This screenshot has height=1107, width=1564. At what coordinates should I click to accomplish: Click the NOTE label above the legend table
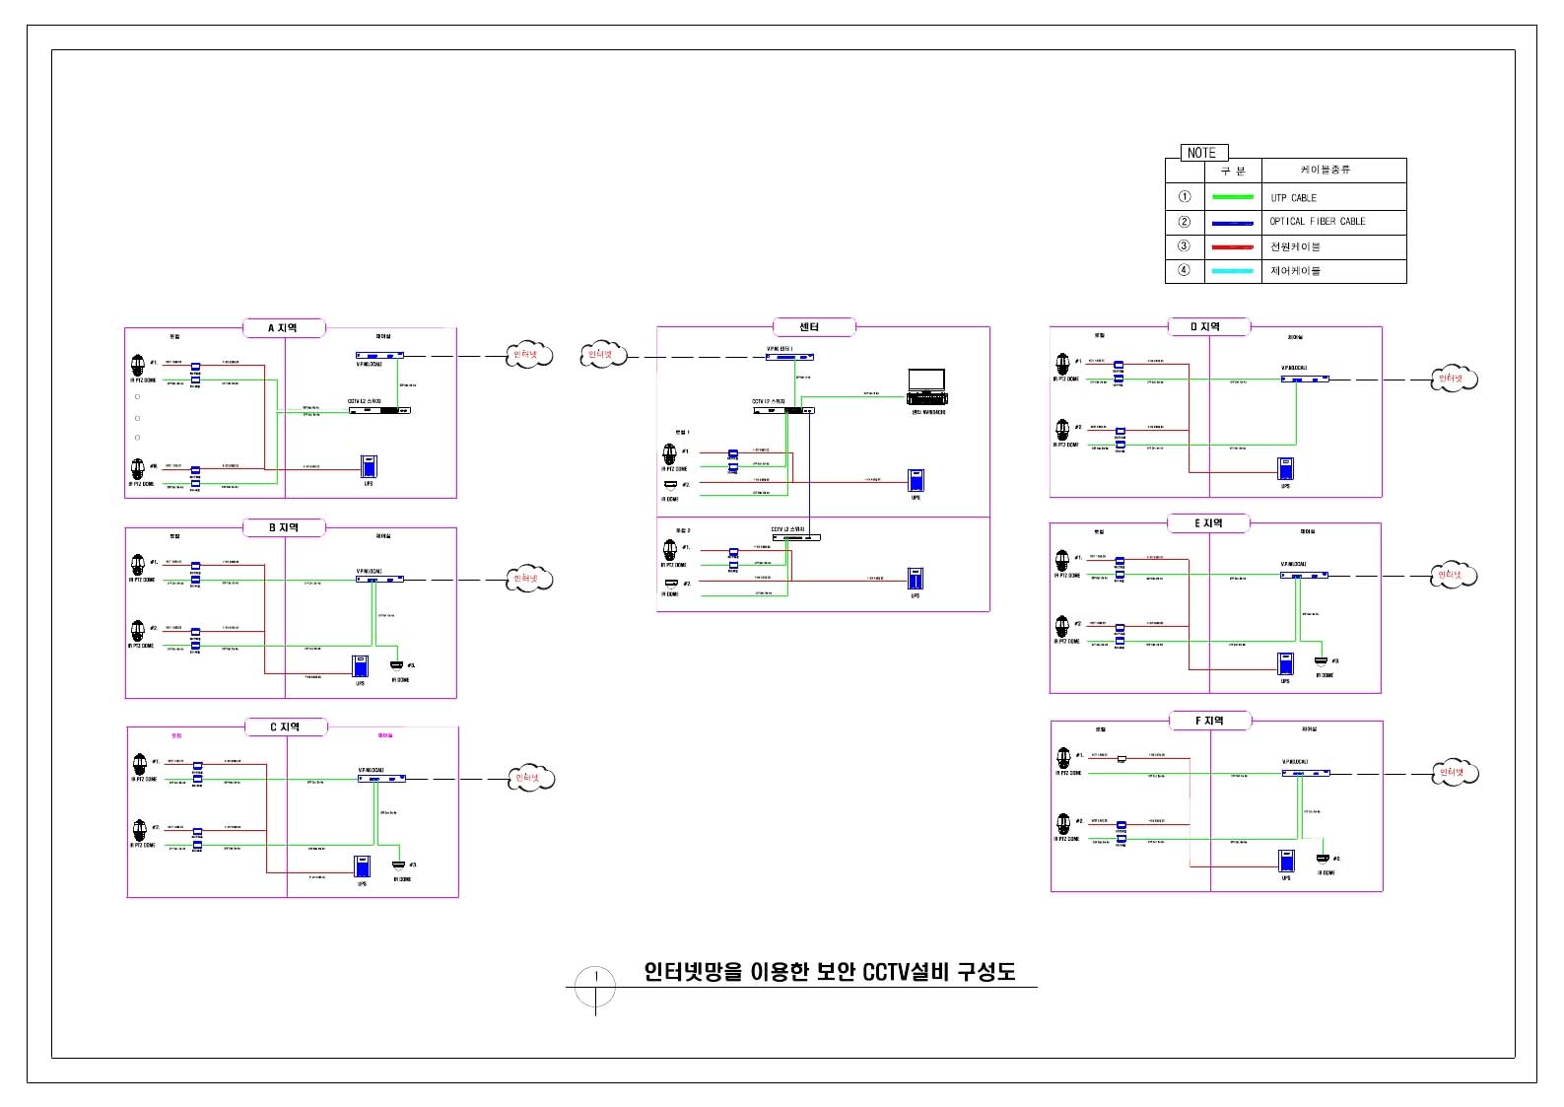(x=1201, y=153)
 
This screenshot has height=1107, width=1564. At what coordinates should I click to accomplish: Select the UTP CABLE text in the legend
(x=1293, y=198)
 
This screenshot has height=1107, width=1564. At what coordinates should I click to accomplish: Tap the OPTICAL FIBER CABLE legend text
(x=1317, y=222)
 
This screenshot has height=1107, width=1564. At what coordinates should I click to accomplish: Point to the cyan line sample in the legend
(x=1233, y=271)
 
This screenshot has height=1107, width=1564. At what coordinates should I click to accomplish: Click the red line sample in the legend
(x=1233, y=246)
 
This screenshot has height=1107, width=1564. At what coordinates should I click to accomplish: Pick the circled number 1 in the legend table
(x=1185, y=197)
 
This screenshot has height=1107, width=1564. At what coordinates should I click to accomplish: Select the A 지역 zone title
(x=283, y=328)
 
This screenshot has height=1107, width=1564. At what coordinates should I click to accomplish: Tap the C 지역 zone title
(x=285, y=727)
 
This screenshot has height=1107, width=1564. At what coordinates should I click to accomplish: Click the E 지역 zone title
(x=1208, y=523)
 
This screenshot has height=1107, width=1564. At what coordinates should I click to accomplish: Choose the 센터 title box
(x=810, y=327)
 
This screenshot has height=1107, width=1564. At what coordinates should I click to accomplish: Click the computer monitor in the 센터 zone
(x=926, y=381)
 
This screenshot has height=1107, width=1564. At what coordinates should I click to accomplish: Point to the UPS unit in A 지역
(x=369, y=466)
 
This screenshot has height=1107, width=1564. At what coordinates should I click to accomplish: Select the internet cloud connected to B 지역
(x=528, y=579)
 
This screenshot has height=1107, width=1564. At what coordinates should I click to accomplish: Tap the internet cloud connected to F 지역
(x=1454, y=773)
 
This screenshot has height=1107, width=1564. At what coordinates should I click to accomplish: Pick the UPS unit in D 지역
(x=1285, y=468)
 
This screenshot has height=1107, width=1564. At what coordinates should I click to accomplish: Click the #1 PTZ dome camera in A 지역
(x=138, y=366)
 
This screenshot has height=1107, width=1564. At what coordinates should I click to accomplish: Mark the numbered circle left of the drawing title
(x=595, y=986)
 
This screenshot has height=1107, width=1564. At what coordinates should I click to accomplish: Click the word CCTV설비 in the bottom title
(x=905, y=972)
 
